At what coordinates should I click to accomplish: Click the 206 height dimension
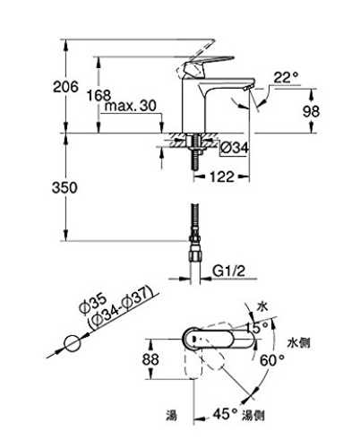coord(65,87)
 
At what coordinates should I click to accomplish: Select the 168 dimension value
coord(99,96)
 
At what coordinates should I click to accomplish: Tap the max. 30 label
coord(131,106)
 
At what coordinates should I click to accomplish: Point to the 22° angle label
coord(286,78)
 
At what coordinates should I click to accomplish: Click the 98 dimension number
coord(311,111)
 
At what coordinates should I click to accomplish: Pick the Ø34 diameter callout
coord(235,148)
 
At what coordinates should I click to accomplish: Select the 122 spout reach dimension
coord(222,177)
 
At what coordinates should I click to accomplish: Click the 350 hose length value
coord(64,188)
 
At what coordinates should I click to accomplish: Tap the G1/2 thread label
coord(228,271)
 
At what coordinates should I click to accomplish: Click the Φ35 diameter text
coord(92,304)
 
